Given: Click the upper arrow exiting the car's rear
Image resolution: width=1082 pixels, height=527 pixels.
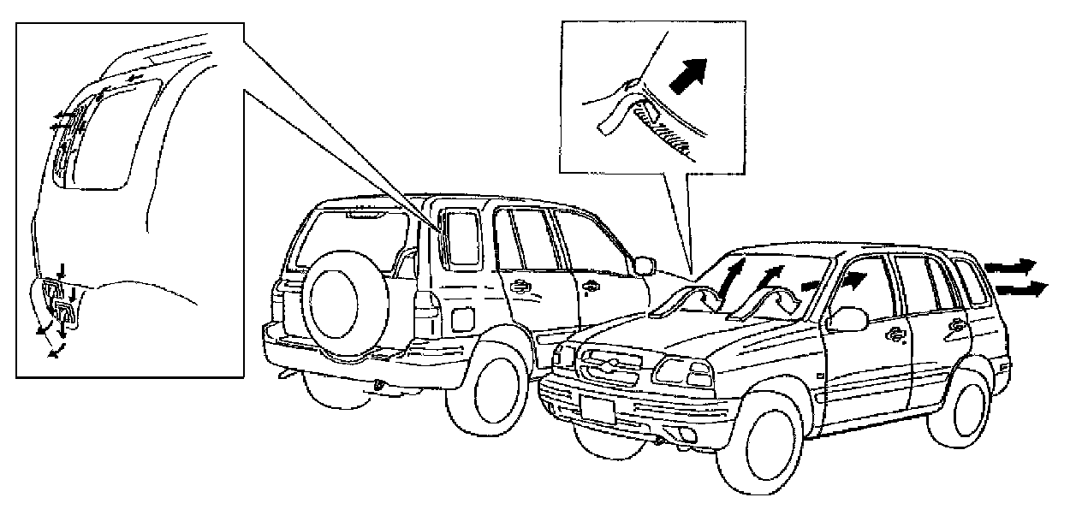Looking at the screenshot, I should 1010,266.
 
